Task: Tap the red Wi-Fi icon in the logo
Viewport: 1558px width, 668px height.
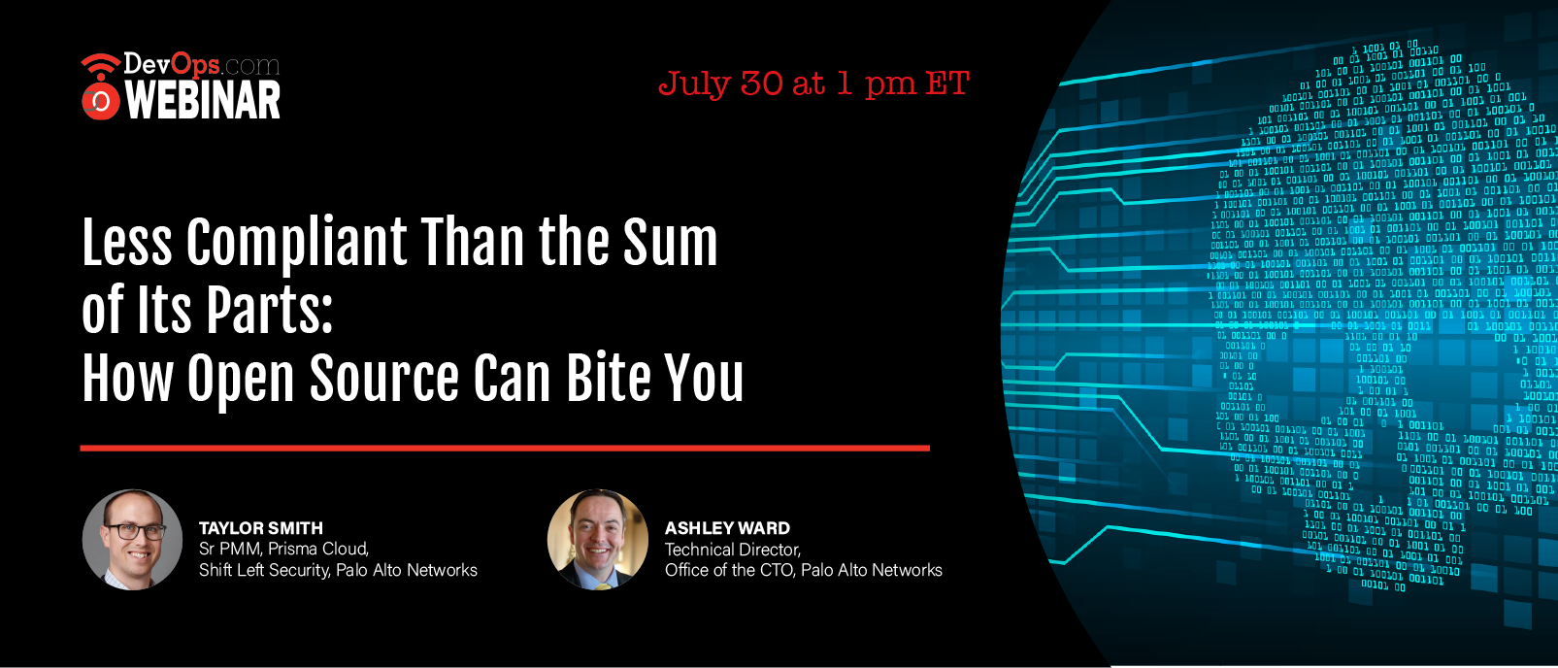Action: click(x=101, y=65)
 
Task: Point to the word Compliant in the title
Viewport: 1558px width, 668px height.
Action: click(x=296, y=244)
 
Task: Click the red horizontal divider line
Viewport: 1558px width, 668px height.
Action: click(x=505, y=449)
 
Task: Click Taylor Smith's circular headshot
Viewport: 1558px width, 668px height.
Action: click(x=132, y=540)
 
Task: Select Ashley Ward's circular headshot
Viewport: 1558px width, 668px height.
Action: click(x=597, y=540)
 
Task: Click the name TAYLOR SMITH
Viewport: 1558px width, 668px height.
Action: click(x=261, y=528)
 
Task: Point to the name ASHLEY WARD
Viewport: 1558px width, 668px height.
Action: click(x=727, y=528)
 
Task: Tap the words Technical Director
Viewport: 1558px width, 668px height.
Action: click(x=733, y=550)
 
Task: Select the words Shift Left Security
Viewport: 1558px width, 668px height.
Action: click(x=264, y=571)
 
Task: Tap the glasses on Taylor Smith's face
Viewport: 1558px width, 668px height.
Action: click(x=135, y=532)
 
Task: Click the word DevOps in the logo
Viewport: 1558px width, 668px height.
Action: click(x=172, y=65)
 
